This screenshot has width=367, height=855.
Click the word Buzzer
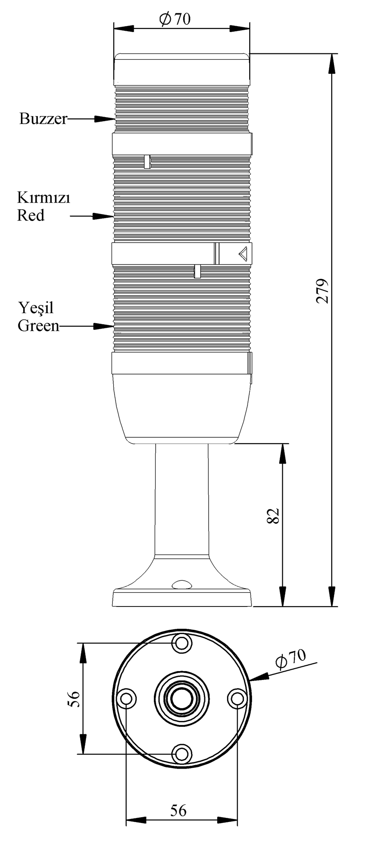tap(43, 119)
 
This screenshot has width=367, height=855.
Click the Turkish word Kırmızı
tap(43, 197)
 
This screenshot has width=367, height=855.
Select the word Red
tap(31, 216)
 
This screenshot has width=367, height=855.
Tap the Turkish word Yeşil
tap(35, 308)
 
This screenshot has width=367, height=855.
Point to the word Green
tap(38, 326)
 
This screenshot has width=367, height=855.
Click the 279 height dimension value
tap(322, 291)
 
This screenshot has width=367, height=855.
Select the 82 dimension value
tap(273, 515)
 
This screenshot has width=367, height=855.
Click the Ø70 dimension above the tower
tap(174, 19)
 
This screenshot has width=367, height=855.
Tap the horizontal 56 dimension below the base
tap(178, 810)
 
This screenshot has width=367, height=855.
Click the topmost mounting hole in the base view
tap(181, 643)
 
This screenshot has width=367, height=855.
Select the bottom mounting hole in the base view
tap(181, 754)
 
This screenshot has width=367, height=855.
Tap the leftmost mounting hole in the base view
tap(126, 698)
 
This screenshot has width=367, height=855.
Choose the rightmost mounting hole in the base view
tap(237, 698)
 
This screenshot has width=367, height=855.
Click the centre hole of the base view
tap(181, 698)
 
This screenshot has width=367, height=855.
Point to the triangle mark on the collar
tap(243, 254)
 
